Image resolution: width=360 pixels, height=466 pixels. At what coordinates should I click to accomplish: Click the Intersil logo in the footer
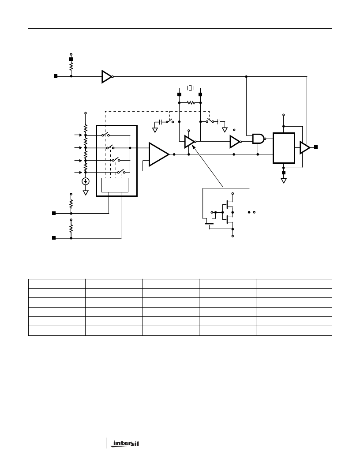pos(124,443)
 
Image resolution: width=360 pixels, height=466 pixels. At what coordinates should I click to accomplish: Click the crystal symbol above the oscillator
pos(190,88)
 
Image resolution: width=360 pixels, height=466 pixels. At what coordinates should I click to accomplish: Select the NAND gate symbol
pos(259,139)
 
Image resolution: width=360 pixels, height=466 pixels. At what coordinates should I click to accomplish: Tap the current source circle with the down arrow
pos(86,181)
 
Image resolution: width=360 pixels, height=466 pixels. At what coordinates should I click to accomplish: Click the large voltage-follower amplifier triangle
pos(159,154)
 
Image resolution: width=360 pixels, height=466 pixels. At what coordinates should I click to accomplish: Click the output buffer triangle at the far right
pos(305,147)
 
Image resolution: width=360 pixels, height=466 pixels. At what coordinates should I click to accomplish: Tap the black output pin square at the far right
pos(316,147)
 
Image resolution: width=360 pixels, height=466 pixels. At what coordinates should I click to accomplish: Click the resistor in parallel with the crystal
pos(191,103)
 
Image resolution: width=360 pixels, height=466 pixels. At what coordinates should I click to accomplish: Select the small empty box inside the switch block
pos(115,185)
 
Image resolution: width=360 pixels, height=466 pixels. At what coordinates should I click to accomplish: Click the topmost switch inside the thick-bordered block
pos(106,135)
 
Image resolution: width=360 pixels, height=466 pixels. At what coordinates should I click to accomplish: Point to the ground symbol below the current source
pos(86,192)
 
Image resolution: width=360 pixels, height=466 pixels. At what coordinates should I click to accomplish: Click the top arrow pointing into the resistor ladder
pos(78,135)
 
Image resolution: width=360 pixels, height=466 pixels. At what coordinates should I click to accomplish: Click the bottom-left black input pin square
pos(54,238)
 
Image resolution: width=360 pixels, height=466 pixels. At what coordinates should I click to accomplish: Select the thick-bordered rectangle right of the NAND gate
pos(284,148)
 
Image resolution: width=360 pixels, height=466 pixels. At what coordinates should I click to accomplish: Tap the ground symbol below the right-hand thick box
pos(284,180)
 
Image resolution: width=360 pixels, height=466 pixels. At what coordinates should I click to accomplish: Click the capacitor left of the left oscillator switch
pos(161,122)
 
